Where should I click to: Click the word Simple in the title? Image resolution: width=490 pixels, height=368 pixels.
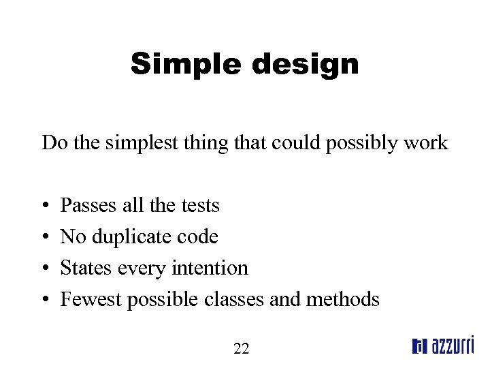click(x=186, y=64)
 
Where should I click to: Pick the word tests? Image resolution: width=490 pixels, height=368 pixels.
click(x=200, y=205)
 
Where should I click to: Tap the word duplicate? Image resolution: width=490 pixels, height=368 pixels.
click(x=132, y=236)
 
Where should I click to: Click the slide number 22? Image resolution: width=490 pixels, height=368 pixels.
click(x=241, y=349)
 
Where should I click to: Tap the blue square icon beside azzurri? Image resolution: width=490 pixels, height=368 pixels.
click(x=419, y=347)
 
